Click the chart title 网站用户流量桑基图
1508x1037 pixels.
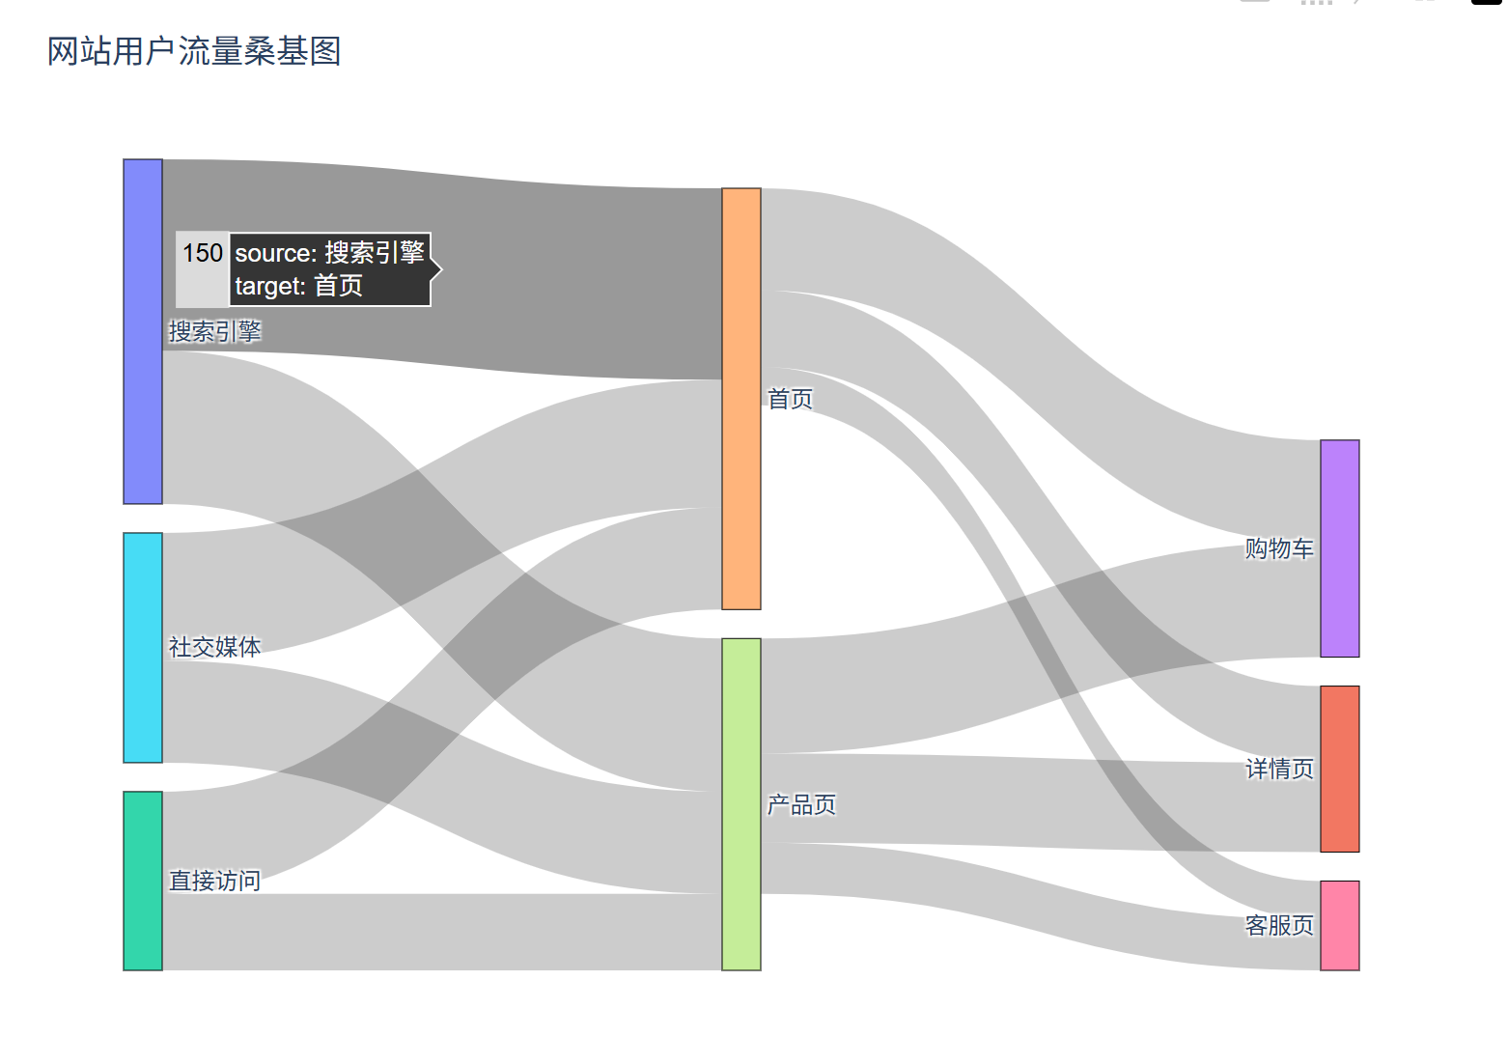click(x=194, y=51)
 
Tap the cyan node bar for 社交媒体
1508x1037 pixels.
click(x=143, y=647)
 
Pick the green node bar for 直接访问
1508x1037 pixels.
click(x=143, y=881)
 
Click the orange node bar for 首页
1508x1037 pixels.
click(x=741, y=399)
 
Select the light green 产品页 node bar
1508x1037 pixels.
click(x=741, y=803)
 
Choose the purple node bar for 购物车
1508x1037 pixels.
click(x=1339, y=548)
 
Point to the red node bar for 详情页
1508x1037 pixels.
click(x=1339, y=769)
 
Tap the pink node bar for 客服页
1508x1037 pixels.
click(x=1339, y=925)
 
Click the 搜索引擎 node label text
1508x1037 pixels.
click(x=215, y=332)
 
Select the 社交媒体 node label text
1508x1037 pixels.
click(x=215, y=647)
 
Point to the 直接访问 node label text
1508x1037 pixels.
click(x=215, y=881)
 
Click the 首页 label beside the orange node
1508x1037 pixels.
click(x=790, y=399)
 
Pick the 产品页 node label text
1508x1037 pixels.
click(x=801, y=804)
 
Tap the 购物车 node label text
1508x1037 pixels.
click(x=1279, y=548)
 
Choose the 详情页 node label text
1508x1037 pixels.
click(x=1279, y=769)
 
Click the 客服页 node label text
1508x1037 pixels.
click(x=1279, y=925)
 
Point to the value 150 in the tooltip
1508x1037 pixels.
click(x=203, y=253)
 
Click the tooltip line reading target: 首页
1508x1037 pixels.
click(x=299, y=286)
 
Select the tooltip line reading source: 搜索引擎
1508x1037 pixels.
click(x=330, y=253)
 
